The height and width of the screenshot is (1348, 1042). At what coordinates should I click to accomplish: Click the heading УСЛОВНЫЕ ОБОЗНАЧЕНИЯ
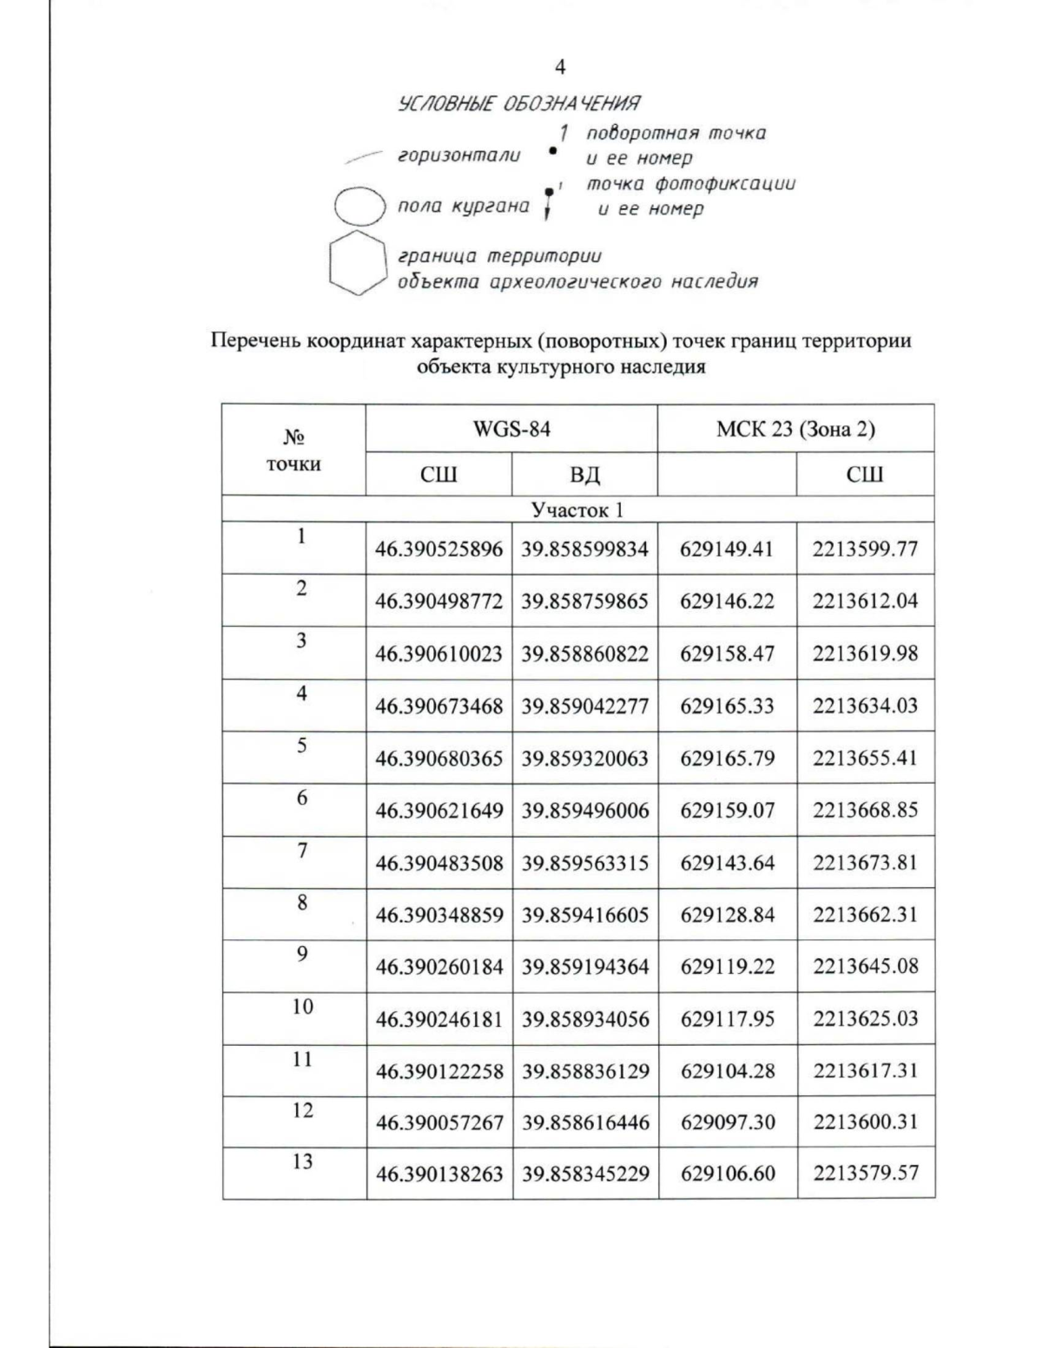(519, 105)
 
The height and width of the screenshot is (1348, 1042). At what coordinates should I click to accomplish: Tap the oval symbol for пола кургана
(359, 207)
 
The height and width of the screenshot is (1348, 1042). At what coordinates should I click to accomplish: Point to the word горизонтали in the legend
(458, 156)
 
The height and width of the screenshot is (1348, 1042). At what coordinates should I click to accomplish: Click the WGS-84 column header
(511, 429)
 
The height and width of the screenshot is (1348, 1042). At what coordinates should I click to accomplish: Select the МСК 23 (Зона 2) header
(795, 429)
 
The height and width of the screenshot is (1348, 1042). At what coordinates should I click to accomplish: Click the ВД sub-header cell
(584, 475)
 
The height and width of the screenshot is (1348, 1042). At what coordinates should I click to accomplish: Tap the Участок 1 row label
(577, 510)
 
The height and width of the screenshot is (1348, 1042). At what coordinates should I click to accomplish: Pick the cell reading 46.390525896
(439, 549)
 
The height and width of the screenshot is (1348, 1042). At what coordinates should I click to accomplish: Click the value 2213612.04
(865, 602)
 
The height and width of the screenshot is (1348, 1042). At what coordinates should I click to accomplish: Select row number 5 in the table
(301, 746)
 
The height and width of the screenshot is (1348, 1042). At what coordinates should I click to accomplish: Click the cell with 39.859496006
(584, 811)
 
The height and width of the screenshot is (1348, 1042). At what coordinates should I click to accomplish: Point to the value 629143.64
(727, 864)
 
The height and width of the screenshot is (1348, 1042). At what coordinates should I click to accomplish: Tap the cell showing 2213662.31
(865, 915)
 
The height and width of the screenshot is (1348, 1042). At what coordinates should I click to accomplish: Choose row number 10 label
(301, 1007)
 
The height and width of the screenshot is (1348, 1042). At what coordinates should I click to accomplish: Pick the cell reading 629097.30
(727, 1122)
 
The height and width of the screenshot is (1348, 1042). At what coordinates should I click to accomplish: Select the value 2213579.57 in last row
(865, 1174)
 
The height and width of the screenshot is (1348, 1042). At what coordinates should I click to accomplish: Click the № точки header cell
(293, 450)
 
